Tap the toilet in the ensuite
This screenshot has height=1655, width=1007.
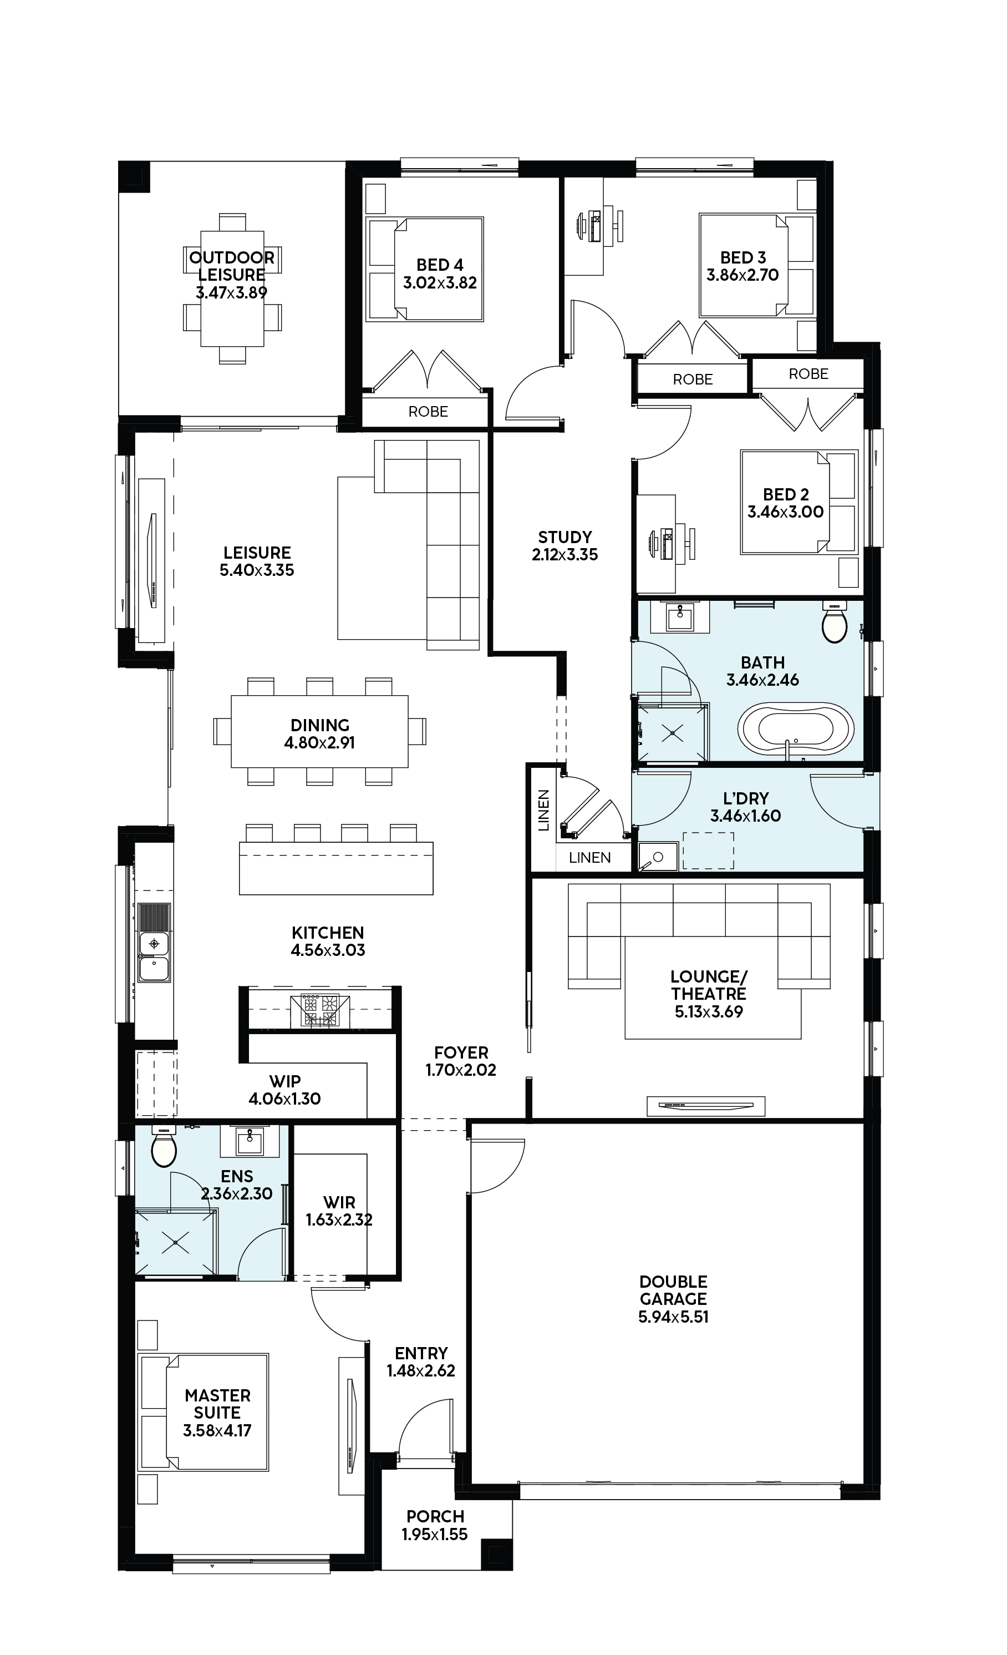164,1148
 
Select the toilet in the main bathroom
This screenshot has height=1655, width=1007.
835,622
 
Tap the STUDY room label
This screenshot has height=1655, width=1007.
564,538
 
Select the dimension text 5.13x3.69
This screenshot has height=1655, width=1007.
709,1011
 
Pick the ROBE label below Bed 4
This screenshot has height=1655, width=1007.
428,412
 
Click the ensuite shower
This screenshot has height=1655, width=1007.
176,1243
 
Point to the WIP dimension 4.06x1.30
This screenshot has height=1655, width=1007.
284,1099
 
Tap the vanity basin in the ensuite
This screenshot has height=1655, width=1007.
251,1140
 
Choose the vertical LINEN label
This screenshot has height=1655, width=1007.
544,810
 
